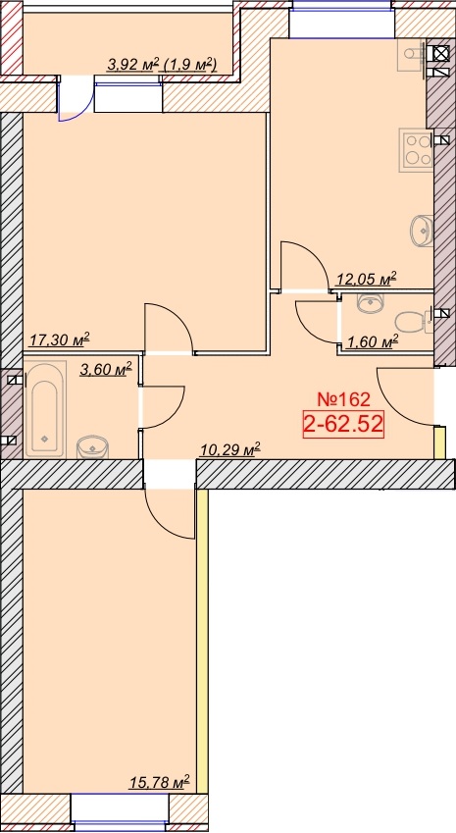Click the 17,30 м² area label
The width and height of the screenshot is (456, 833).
[59, 338]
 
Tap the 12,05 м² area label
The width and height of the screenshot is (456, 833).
[367, 279]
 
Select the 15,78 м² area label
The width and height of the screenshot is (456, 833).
[159, 783]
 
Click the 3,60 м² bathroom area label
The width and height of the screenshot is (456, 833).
[105, 369]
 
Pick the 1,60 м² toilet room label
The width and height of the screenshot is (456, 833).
[372, 342]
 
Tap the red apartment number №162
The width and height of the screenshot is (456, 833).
[342, 398]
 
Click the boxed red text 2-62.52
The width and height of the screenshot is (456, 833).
[343, 424]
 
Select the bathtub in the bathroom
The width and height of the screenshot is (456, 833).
[44, 409]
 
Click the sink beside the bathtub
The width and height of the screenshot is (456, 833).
[92, 446]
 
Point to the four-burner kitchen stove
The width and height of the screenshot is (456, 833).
[417, 149]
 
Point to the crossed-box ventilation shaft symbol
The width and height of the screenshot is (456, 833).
[440, 54]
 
